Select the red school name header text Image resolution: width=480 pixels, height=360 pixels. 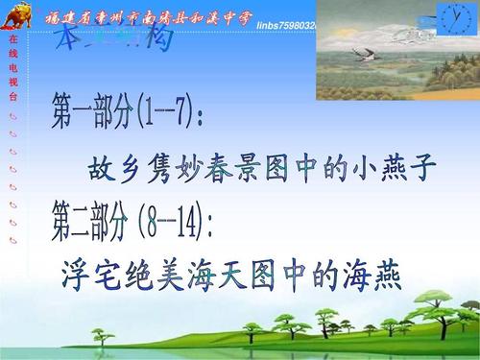point(154,12)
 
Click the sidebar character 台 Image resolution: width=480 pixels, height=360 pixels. point(12,98)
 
